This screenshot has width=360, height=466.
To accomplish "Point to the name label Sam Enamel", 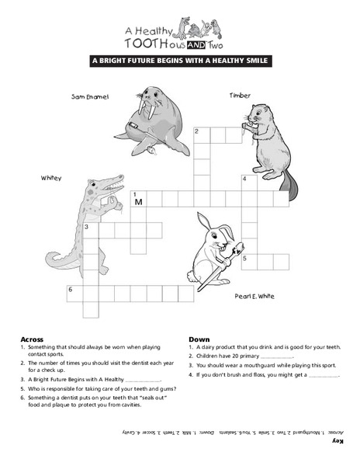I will pos(89,97).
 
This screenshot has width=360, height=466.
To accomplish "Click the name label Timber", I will pos(240,95).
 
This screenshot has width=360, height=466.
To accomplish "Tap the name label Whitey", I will pos(51,179).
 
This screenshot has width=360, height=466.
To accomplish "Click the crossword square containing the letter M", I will pos(139,200).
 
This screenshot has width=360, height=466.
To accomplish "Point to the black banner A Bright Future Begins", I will pos(179,59).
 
